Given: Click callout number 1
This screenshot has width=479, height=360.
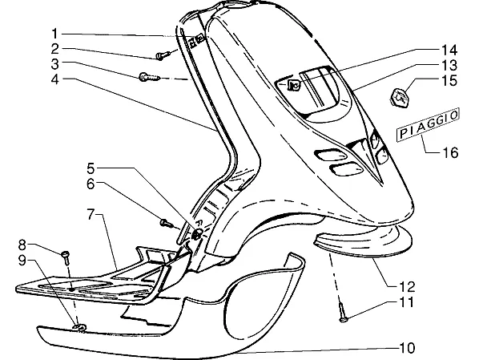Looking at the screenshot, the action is click(54, 34).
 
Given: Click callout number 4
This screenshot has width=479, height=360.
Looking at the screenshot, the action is click(55, 79).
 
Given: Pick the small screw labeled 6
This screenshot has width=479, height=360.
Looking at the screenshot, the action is click(166, 223).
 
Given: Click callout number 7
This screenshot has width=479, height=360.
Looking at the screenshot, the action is click(91, 214).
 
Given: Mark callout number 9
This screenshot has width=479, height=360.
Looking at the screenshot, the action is click(22, 261).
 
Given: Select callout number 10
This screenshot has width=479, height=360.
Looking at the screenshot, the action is click(408, 348).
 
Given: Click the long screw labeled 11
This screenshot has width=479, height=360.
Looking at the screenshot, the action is click(342, 313).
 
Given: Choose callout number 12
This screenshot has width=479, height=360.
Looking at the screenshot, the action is click(408, 286).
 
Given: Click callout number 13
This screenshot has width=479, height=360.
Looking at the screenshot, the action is click(449, 65).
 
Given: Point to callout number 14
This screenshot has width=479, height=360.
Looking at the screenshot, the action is click(449, 50).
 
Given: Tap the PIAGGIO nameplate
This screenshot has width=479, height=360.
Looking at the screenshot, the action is click(428, 125).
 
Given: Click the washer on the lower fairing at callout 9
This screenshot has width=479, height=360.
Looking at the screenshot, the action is click(78, 328).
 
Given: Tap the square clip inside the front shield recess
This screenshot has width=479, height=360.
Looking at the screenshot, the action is click(294, 84).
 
